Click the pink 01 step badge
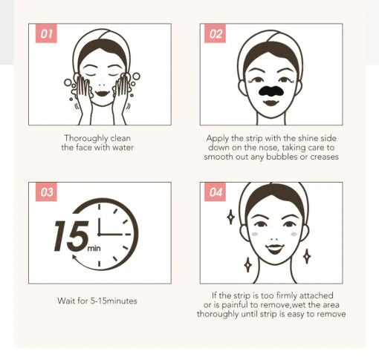[46, 33]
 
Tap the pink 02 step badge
[215, 33]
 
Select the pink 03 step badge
[46, 192]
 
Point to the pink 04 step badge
[215, 192]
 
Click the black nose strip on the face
[271, 91]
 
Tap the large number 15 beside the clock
[71, 236]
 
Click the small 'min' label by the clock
[94, 248]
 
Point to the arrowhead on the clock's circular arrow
[74, 258]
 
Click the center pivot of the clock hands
[99, 234]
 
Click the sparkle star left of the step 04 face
[231, 217]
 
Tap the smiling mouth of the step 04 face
[274, 249]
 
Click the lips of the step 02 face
[271, 102]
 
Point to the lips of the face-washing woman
[103, 94]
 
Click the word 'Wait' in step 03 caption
[65, 301]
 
